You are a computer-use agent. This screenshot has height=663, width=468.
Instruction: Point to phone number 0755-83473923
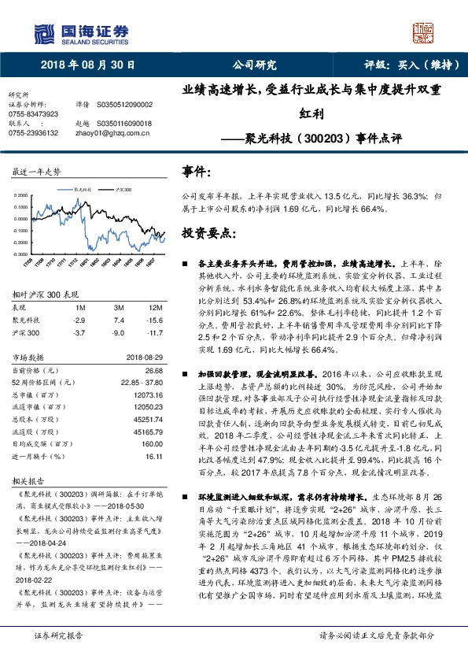point(33,114)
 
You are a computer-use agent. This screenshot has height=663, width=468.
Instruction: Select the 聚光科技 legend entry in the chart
point(82,190)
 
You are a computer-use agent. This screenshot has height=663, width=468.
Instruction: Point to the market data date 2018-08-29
point(143,359)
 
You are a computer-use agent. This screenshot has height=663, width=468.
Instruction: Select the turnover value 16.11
point(153,455)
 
